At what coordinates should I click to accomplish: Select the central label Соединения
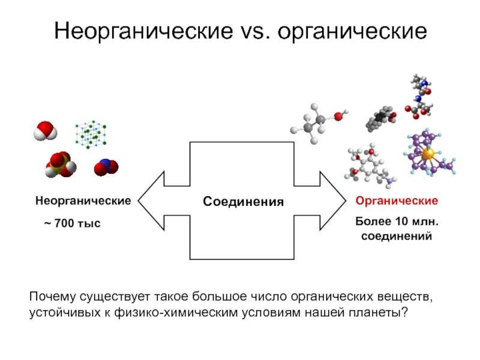click(242, 200)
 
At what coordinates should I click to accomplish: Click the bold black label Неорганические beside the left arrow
click(82, 200)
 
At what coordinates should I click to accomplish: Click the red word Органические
click(397, 200)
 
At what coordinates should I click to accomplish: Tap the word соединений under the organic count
click(397, 236)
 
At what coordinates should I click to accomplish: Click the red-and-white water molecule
click(45, 130)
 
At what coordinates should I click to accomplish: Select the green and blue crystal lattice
click(91, 134)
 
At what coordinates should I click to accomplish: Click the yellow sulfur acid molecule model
click(60, 165)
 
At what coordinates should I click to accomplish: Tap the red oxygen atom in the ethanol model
click(338, 116)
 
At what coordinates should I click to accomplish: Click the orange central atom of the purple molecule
click(427, 154)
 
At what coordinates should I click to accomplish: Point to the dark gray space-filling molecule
click(381, 119)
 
